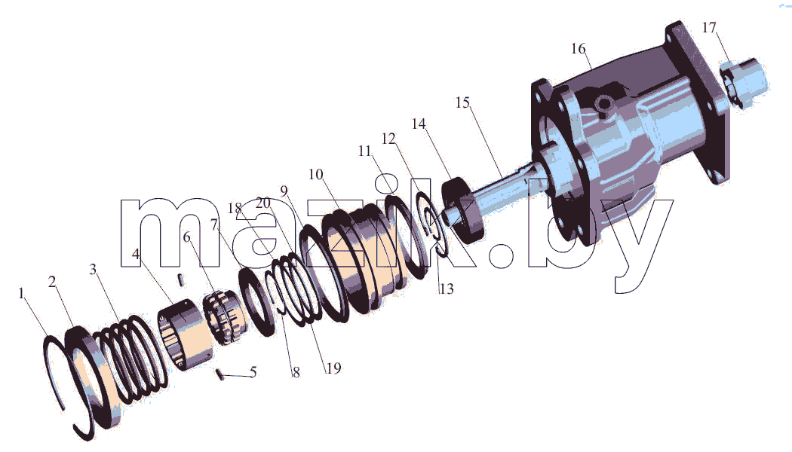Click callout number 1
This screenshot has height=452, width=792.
click(21, 293)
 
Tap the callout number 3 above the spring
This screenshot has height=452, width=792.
click(93, 270)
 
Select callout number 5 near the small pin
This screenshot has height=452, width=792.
click(253, 372)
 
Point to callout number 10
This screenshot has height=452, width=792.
click(316, 175)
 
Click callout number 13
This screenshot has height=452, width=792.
click(447, 289)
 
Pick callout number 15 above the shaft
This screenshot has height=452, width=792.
click(462, 103)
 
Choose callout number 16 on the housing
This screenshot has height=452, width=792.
click(579, 49)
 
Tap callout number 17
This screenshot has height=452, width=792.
click(709, 27)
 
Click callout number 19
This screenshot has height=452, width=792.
click(333, 369)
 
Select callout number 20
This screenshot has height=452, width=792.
click(263, 203)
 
